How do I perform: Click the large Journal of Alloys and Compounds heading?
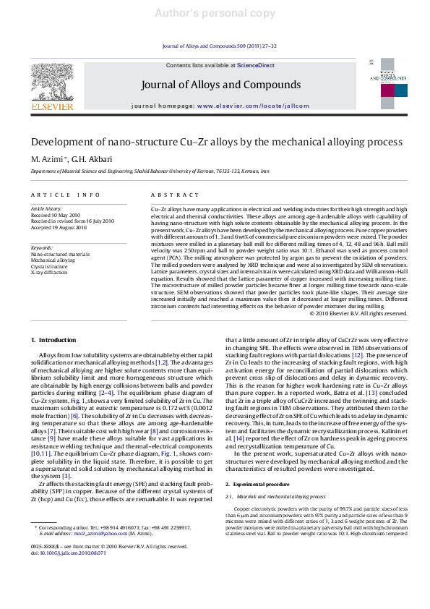[210, 84]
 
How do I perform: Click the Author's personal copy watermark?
[215, 14]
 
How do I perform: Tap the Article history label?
[46, 208]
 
